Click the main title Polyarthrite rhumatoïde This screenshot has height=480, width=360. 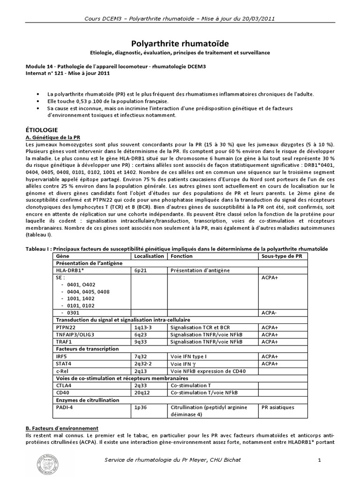[x=180, y=43]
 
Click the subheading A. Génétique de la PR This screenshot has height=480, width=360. [x=53, y=136]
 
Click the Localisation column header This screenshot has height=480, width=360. [x=149, y=256]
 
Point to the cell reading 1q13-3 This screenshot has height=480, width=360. [x=143, y=327]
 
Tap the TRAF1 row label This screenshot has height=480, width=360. [x=64, y=342]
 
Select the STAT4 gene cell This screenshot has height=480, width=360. [x=64, y=363]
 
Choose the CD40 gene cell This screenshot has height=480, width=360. [x=63, y=393]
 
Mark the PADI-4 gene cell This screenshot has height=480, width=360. [x=65, y=407]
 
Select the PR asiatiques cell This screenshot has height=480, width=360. [x=278, y=407]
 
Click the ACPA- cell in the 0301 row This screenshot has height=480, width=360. [x=269, y=312]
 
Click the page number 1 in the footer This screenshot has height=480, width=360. [x=319, y=460]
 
